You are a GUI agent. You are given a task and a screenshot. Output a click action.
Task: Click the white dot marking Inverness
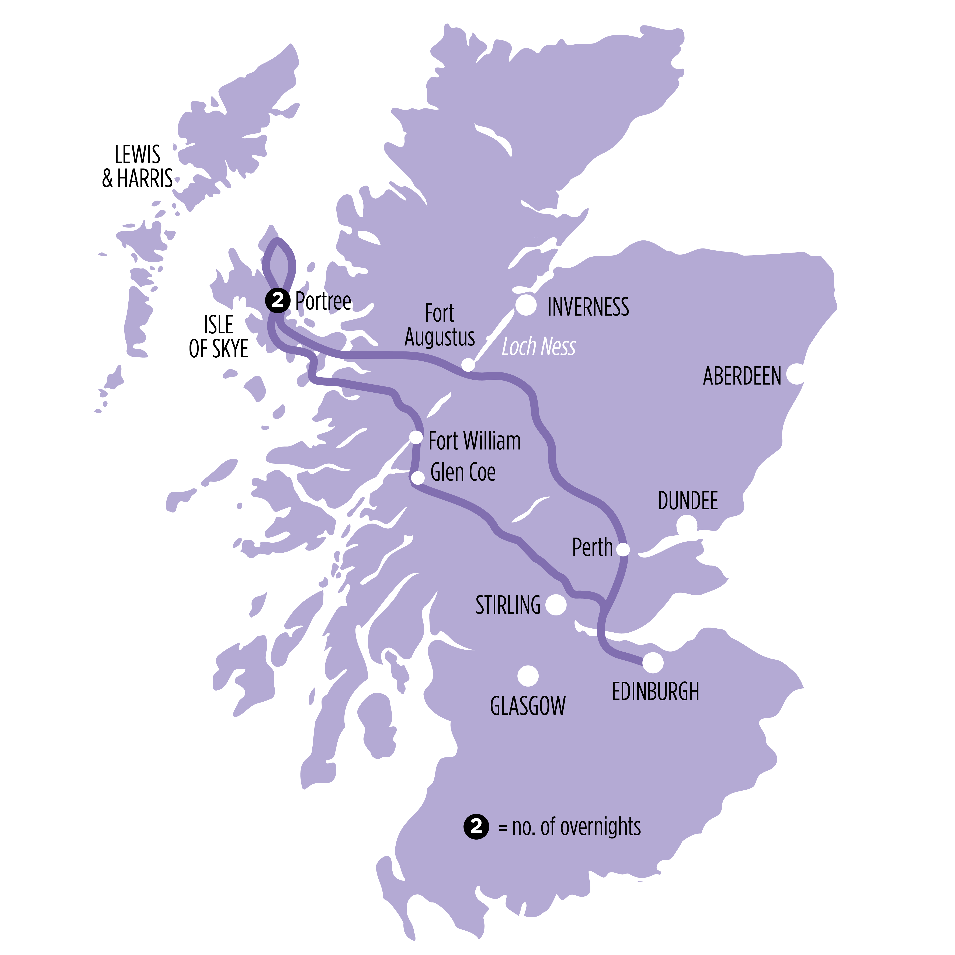tap(526, 305)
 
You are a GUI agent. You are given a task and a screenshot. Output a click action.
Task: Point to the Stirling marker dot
tap(556, 605)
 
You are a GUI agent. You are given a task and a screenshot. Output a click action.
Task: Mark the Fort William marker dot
tap(416, 437)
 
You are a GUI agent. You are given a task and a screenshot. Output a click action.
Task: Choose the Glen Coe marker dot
tap(418, 477)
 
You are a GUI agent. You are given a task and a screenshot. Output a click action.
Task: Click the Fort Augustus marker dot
tap(468, 365)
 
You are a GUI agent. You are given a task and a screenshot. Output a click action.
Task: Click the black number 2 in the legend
tap(476, 826)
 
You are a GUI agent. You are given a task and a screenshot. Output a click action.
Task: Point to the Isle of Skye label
tap(219, 337)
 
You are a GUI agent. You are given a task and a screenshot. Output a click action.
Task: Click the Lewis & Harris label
tap(138, 167)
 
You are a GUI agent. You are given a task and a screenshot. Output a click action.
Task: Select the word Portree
tap(323, 301)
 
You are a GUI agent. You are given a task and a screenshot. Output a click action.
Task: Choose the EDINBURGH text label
tap(656, 692)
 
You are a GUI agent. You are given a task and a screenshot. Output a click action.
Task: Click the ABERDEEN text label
tap(742, 376)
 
